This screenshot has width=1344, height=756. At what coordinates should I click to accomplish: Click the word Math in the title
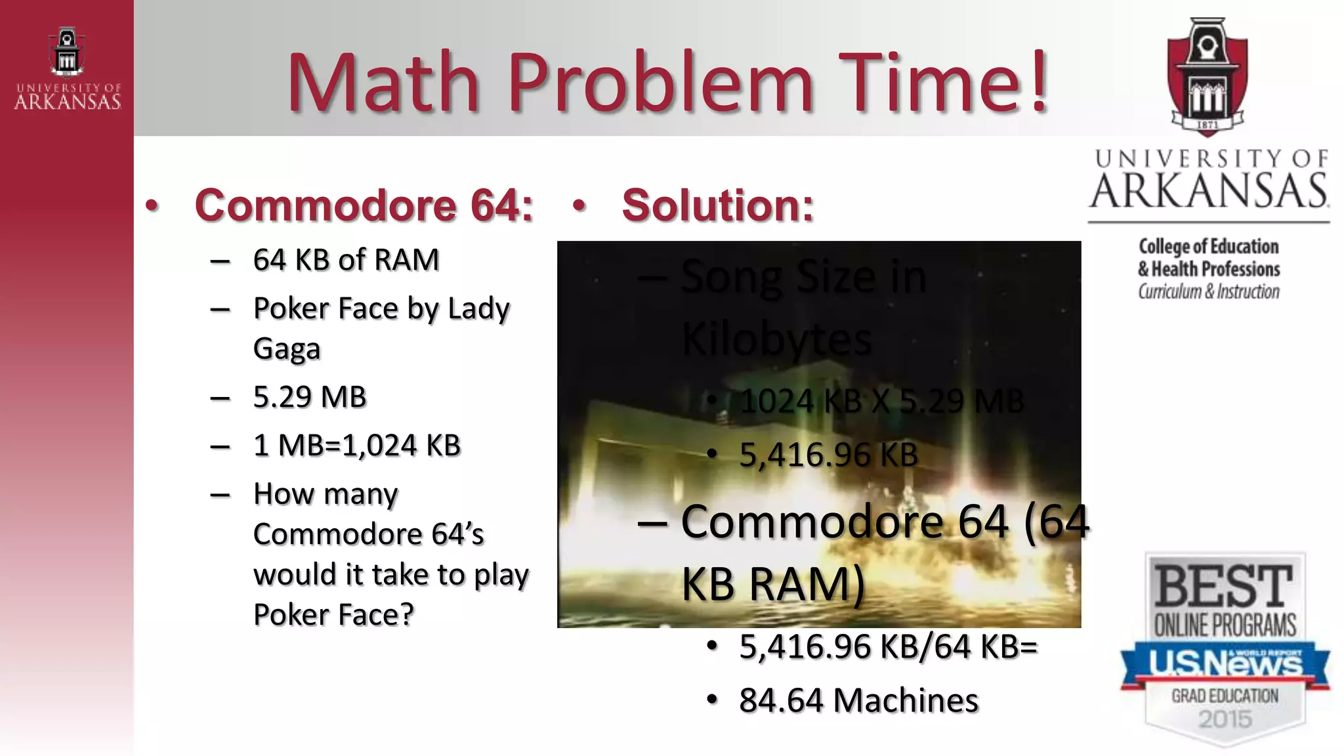tap(383, 83)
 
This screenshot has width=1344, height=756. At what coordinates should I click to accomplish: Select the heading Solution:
tap(717, 205)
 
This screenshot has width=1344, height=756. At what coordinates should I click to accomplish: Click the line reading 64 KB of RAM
tap(346, 260)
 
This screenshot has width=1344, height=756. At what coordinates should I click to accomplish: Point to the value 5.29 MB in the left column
tap(310, 397)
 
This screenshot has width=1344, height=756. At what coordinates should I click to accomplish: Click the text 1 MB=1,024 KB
tap(357, 446)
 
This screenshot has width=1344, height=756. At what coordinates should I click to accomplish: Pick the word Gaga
tap(287, 348)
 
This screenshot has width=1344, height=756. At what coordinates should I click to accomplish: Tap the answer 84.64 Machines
tap(858, 700)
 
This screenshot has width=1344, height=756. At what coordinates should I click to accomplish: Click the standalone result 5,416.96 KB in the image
tap(828, 455)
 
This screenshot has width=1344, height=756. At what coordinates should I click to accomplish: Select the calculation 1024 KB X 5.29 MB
tap(881, 401)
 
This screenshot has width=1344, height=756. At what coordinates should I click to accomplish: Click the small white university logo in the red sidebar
tap(67, 68)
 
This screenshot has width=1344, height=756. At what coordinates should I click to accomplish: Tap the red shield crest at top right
tap(1207, 77)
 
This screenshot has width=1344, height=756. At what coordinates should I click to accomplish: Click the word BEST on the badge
tap(1224, 586)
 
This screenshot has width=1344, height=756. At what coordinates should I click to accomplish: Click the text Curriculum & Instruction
tap(1209, 291)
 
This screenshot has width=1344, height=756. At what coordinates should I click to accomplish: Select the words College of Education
tap(1209, 247)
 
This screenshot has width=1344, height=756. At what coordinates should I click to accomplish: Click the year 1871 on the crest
tap(1207, 125)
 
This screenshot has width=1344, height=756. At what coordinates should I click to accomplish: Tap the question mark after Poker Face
tap(407, 615)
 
